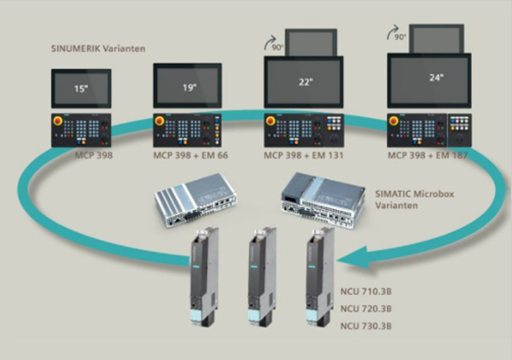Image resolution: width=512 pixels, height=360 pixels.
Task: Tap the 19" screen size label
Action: pyautogui.click(x=189, y=86)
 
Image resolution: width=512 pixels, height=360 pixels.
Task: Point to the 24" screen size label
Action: pyautogui.click(x=435, y=76)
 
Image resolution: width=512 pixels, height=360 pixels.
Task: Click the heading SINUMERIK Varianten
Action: pyautogui.click(x=96, y=49)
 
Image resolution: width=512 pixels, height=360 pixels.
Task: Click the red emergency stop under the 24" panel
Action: pyautogui.click(x=395, y=122)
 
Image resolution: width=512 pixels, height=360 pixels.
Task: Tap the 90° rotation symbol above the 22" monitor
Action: pyautogui.click(x=272, y=40)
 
